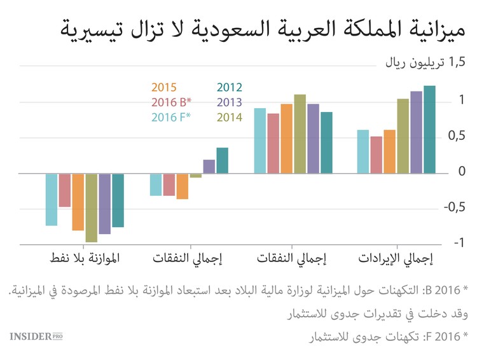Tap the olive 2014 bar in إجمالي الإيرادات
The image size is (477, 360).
(x=403, y=136)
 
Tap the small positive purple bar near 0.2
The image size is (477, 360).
(x=209, y=166)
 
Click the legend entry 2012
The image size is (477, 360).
(x=230, y=88)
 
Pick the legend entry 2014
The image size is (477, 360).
(x=230, y=117)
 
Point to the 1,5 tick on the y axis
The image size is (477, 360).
(x=457, y=62)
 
